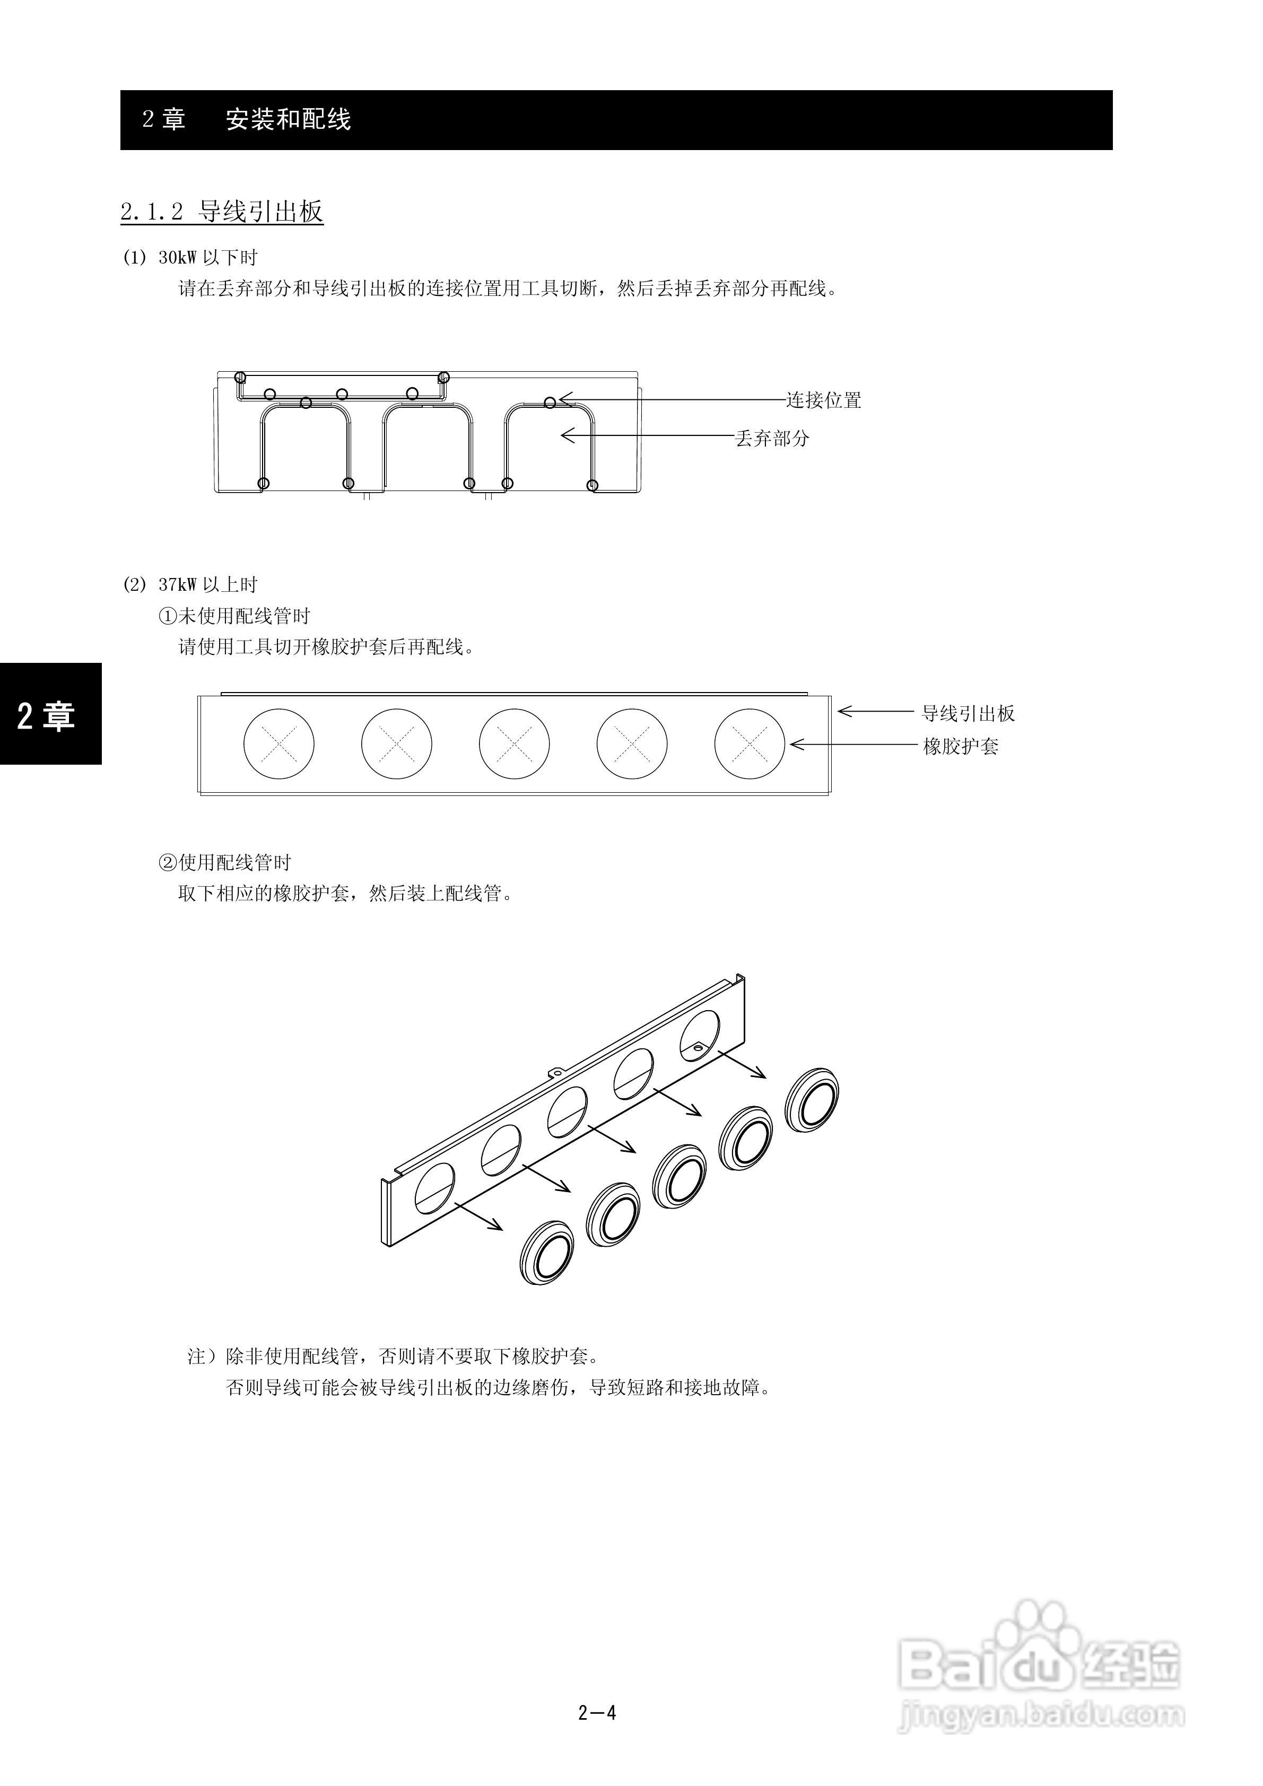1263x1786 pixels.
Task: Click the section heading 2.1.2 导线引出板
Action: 222,212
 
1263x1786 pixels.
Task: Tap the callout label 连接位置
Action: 823,400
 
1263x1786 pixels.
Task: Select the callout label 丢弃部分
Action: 772,439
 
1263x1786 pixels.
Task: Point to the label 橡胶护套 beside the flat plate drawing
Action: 960,747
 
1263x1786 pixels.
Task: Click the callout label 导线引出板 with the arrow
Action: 968,713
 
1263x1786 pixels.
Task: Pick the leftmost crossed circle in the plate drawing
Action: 278,743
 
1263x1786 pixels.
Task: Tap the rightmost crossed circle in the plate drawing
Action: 750,743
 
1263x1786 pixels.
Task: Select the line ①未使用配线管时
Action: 234,616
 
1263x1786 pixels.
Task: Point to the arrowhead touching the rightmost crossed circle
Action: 795,745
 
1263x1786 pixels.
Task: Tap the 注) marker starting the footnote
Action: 203,1356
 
